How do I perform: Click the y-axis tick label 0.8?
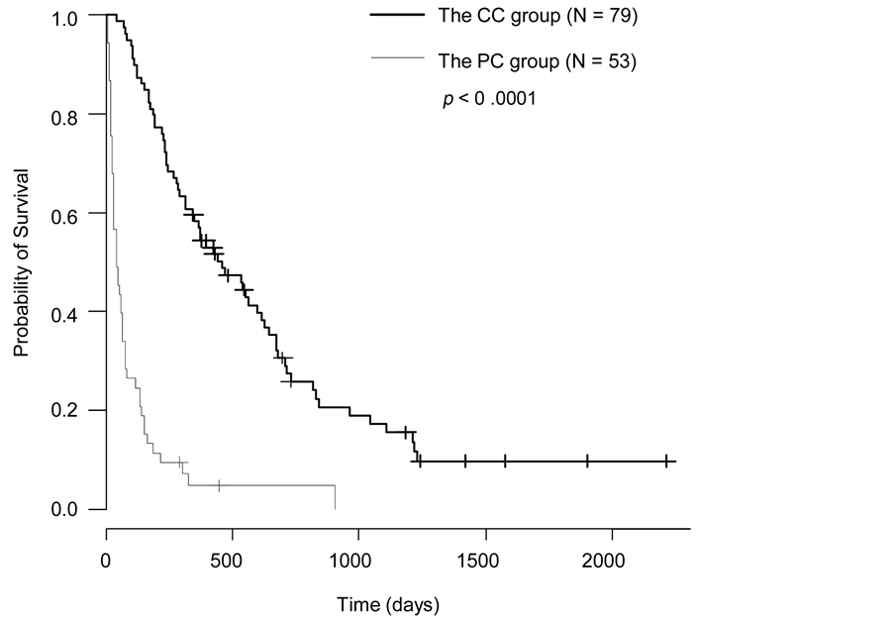pos(66,115)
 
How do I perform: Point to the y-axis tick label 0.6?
pos(66,213)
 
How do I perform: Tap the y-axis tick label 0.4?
pos(66,312)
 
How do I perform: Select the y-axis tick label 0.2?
pos(66,410)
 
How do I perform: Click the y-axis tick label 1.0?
pos(66,17)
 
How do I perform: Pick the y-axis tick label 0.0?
pos(66,509)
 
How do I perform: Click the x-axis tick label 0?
pos(106,560)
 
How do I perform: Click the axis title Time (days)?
pos(388,603)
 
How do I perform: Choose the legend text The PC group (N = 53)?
pos(536,61)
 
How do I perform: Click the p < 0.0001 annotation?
pos(489,99)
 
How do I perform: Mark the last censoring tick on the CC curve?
pos(668,462)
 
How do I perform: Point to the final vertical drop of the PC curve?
pos(336,497)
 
